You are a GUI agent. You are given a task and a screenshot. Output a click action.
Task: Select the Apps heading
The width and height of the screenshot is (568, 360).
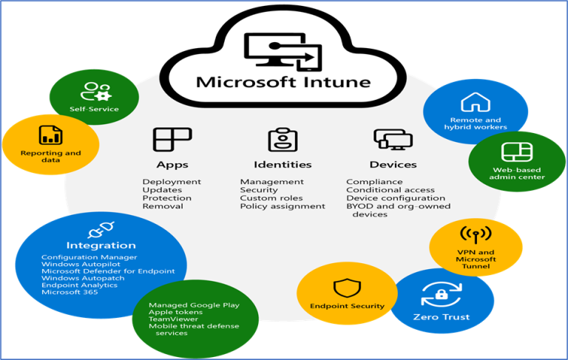click(172, 164)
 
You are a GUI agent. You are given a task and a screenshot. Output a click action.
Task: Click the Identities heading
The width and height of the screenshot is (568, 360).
click(283, 164)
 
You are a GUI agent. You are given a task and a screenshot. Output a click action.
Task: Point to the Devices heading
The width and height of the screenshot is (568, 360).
click(393, 164)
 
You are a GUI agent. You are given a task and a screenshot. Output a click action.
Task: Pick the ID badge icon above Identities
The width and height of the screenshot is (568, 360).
click(283, 139)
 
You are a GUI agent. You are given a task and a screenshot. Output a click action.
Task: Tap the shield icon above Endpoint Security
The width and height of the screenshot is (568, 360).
click(346, 287)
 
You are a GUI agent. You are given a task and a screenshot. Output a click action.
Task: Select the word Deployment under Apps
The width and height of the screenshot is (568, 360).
click(172, 182)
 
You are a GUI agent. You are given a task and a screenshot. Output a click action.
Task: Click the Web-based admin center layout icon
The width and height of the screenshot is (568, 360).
click(512, 152)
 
